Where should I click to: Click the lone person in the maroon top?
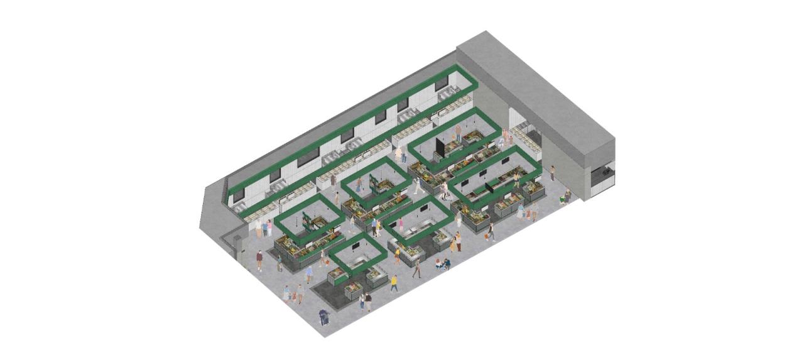259,260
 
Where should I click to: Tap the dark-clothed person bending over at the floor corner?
323,317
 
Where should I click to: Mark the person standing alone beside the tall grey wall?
553,173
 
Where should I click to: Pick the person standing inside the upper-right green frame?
459,133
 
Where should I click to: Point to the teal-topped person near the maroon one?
280,262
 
